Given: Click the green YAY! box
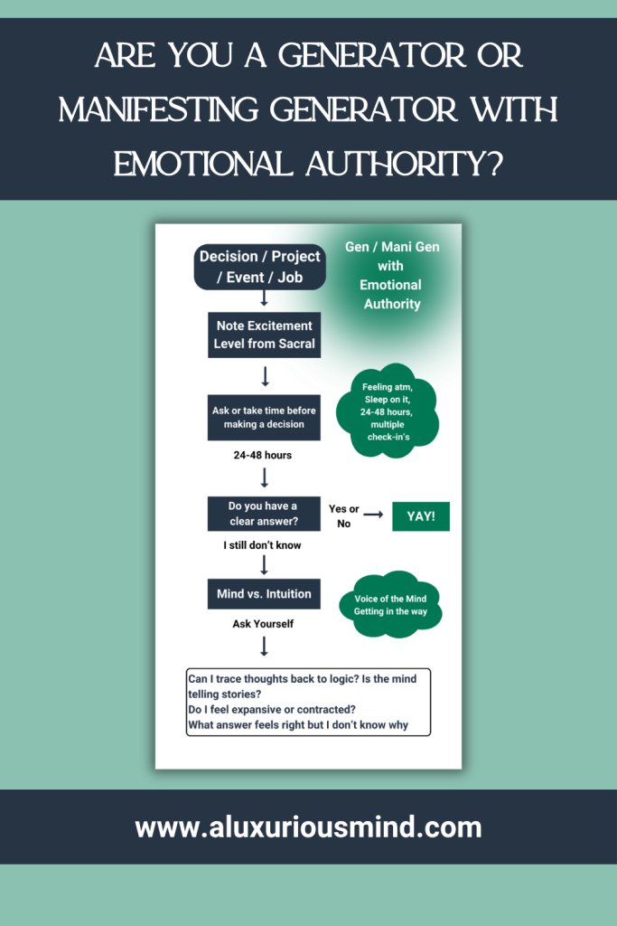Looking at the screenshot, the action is pyautogui.click(x=421, y=516).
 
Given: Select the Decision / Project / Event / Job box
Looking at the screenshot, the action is pyautogui.click(x=260, y=267).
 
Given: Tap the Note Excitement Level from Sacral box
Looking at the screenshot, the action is pyautogui.click(x=265, y=335).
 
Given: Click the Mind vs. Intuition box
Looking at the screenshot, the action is pyautogui.click(x=264, y=593).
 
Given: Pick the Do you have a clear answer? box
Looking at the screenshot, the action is pyautogui.click(x=264, y=514).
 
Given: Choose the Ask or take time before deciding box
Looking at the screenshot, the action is pyautogui.click(x=264, y=418).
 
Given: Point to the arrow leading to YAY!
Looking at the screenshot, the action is pyautogui.click(x=373, y=515).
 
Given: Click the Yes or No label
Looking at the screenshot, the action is pyautogui.click(x=344, y=516).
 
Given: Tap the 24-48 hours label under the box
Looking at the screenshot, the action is pyautogui.click(x=263, y=456).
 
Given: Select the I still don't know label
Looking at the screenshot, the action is pyautogui.click(x=262, y=545).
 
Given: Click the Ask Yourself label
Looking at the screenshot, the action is pyautogui.click(x=263, y=624).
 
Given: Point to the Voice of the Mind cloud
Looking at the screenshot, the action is pyautogui.click(x=390, y=605).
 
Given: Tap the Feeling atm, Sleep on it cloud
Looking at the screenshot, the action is pyautogui.click(x=388, y=411).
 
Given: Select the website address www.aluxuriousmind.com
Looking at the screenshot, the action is pyautogui.click(x=309, y=827).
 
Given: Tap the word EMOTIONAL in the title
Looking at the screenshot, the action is pyautogui.click(x=203, y=164).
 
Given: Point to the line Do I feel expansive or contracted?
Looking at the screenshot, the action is pyautogui.click(x=272, y=709).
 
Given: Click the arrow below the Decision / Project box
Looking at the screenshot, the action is pyautogui.click(x=265, y=298).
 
